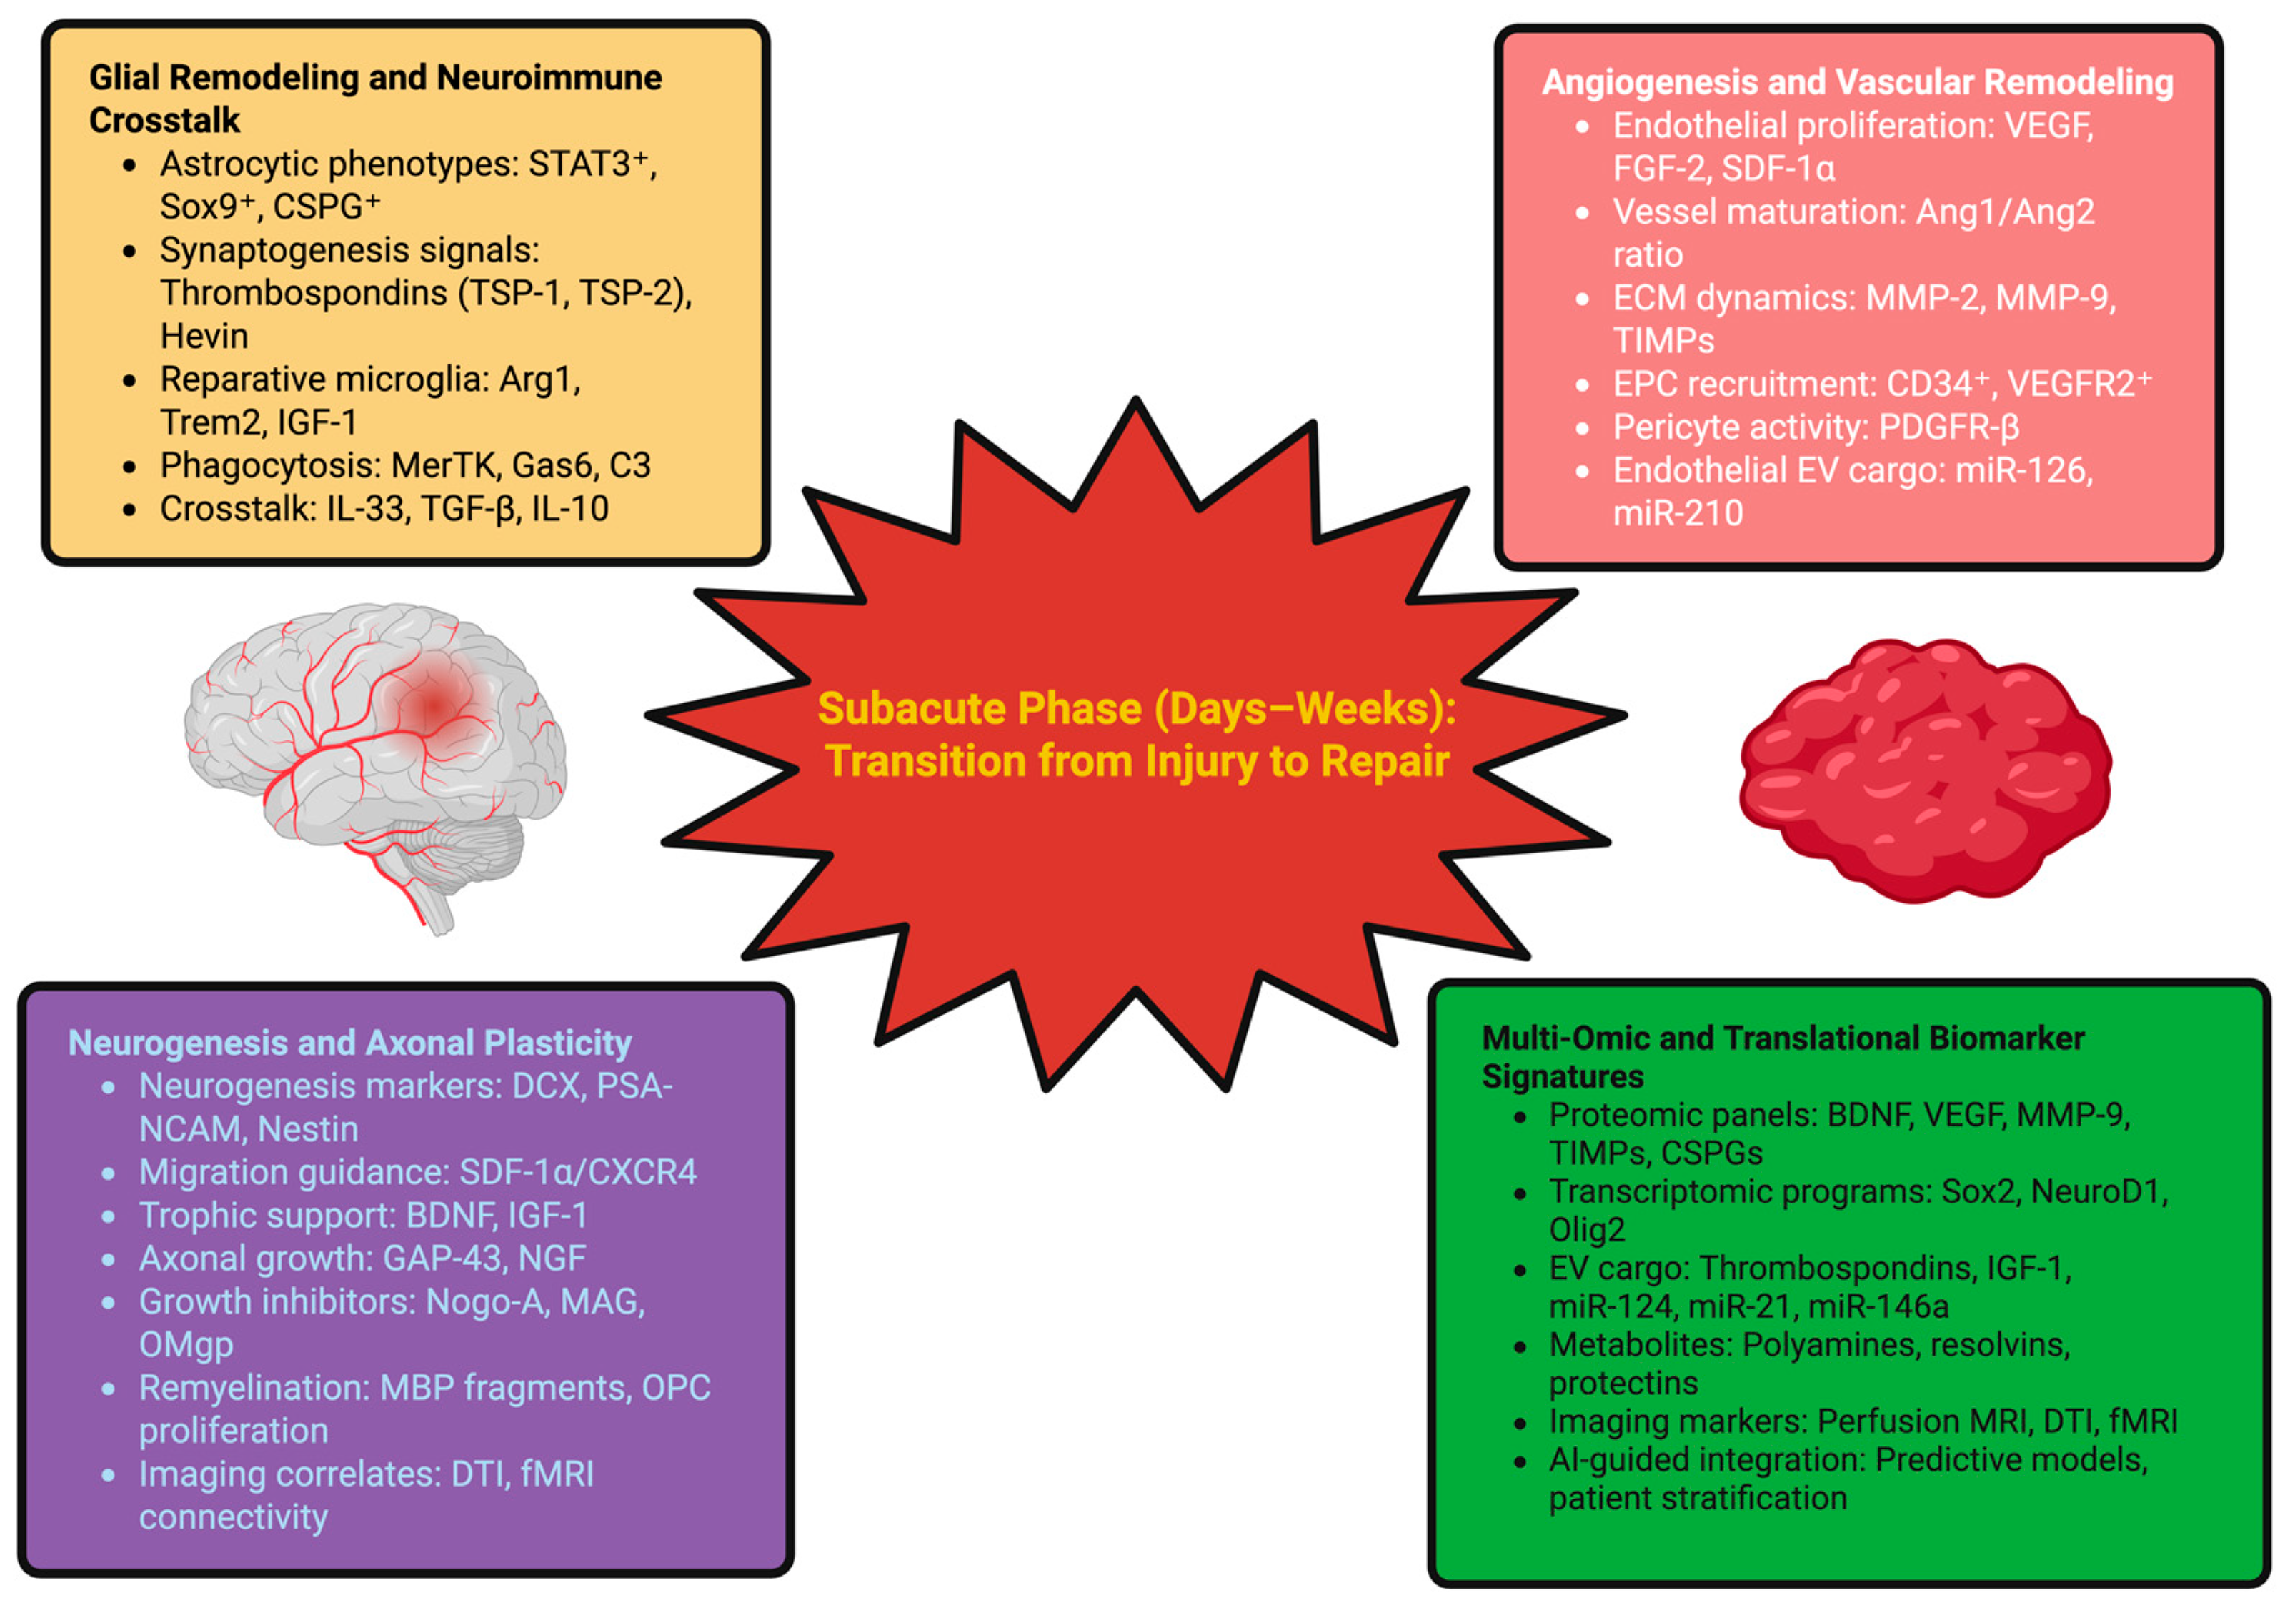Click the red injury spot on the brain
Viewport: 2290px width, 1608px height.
tap(432, 703)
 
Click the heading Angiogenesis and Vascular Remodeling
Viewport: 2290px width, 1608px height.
tap(1857, 81)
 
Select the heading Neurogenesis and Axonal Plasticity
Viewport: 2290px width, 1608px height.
tap(349, 1043)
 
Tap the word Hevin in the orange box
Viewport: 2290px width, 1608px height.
tap(204, 336)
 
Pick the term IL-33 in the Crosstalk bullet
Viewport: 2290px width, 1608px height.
tap(365, 509)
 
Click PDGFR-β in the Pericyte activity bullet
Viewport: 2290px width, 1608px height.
tap(1949, 427)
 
